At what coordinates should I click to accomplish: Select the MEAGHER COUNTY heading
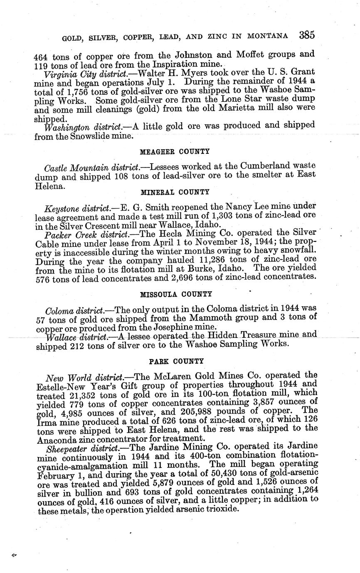tap(175, 152)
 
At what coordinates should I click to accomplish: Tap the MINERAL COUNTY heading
tap(175, 192)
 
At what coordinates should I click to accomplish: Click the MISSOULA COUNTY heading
tap(176, 294)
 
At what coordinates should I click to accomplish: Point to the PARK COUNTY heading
tap(176, 362)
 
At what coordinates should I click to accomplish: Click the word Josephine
tap(171, 327)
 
